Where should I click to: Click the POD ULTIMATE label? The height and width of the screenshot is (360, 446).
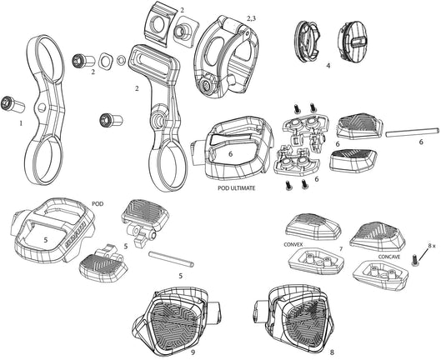(237, 188)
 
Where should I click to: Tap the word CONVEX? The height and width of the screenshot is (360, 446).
(293, 244)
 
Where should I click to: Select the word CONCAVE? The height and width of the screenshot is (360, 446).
(388, 257)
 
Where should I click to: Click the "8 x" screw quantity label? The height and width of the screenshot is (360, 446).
(431, 245)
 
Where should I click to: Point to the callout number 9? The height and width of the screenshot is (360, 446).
(193, 352)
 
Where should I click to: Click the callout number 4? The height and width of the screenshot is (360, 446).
(328, 65)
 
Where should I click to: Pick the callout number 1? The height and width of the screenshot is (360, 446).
(21, 123)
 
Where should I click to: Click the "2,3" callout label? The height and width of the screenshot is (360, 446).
(251, 19)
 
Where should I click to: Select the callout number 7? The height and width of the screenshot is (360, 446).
(341, 249)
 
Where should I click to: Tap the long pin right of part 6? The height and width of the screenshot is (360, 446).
(411, 132)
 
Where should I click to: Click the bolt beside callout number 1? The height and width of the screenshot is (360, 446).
(13, 105)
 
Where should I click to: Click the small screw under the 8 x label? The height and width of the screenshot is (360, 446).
(415, 260)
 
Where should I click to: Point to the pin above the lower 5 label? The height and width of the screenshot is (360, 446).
(171, 259)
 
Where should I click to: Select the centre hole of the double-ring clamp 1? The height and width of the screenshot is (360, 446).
(42, 107)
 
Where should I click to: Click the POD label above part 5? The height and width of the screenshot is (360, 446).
(98, 204)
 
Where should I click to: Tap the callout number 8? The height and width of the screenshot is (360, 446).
(332, 352)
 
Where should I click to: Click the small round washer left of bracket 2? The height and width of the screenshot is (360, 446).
(122, 60)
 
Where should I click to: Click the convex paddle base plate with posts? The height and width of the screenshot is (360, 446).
(316, 262)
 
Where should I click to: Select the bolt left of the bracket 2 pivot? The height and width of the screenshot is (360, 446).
(111, 120)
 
